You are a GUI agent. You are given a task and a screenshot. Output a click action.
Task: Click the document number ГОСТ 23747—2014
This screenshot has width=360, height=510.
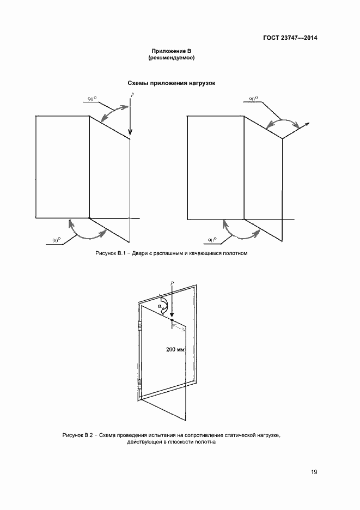(x=290, y=38)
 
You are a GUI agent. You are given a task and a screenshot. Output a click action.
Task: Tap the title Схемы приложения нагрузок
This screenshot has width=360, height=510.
(x=172, y=83)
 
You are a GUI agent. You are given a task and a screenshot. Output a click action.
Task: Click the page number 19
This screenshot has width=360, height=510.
(x=314, y=472)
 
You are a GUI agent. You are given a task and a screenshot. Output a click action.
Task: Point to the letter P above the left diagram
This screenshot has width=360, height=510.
(x=132, y=95)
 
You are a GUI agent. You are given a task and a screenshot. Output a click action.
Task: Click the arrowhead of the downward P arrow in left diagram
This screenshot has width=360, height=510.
(x=130, y=132)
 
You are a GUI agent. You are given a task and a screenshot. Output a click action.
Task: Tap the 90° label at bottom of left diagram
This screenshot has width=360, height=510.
(x=57, y=241)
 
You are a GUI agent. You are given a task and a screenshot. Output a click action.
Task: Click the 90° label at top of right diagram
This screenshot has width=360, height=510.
(x=253, y=99)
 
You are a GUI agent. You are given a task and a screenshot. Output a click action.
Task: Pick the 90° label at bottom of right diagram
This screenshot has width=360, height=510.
(x=212, y=240)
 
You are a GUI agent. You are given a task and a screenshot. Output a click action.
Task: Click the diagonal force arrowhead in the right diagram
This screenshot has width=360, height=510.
(x=306, y=124)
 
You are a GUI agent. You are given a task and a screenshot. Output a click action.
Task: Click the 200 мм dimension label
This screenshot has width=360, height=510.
(x=175, y=350)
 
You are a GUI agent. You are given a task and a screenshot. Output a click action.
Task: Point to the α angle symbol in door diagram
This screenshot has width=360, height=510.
(x=160, y=306)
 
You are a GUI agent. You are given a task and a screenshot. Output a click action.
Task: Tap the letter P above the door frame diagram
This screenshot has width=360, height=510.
(x=172, y=283)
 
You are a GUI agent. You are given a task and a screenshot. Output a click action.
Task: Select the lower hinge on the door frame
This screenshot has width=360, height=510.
(x=140, y=384)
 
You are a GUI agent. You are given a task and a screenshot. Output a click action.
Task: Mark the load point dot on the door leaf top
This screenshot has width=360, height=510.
(x=172, y=319)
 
